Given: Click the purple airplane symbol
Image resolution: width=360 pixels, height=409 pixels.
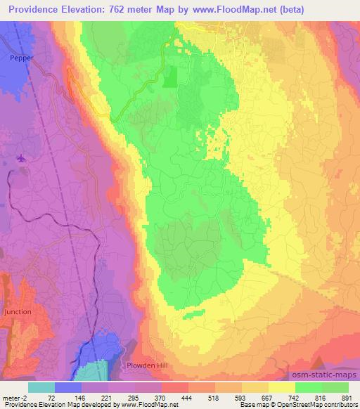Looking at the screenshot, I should (x=21, y=159).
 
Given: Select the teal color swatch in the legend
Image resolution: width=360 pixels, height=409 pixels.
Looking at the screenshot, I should (x=41, y=387).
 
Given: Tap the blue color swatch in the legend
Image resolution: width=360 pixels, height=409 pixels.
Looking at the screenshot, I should (x=67, y=387).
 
